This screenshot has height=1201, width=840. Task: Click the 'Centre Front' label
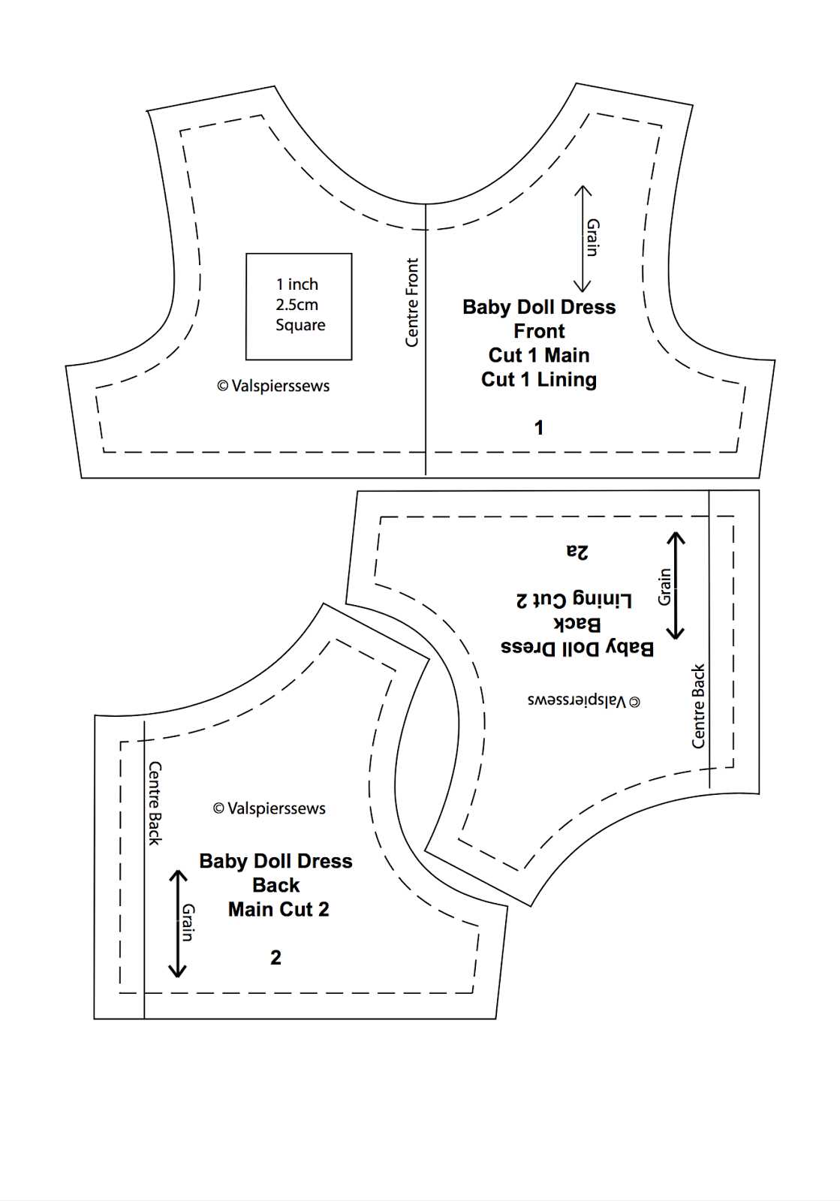pos(411,303)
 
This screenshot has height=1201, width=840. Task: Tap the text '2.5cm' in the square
pos(297,305)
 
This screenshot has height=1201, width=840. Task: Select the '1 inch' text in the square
pos(297,284)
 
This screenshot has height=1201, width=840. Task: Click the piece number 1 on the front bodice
pos(539,428)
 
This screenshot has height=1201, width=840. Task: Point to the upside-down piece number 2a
pos(577,552)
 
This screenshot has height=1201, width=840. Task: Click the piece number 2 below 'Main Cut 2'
pos(275,958)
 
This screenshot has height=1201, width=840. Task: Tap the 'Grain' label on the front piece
pos(592,237)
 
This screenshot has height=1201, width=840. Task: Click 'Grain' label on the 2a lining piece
pos(664,586)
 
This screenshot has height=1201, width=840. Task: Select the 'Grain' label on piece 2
pos(188,923)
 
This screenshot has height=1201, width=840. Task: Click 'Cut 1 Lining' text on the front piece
pos(539,380)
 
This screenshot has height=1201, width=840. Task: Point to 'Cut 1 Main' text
pos(539,356)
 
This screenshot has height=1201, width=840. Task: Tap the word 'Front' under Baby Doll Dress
pos(539,331)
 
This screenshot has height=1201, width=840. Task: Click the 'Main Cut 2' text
pos(278,909)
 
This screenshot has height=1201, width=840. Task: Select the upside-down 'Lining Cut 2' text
pos(574,600)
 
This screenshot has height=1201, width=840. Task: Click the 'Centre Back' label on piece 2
pos(155,803)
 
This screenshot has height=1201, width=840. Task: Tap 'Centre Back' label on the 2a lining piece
pos(698,706)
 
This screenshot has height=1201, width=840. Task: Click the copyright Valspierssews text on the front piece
pos(273,386)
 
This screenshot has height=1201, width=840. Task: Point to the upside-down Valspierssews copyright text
pos(584,701)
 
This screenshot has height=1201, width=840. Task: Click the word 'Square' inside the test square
pos(300,325)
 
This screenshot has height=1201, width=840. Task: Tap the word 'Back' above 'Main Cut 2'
pos(276,885)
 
